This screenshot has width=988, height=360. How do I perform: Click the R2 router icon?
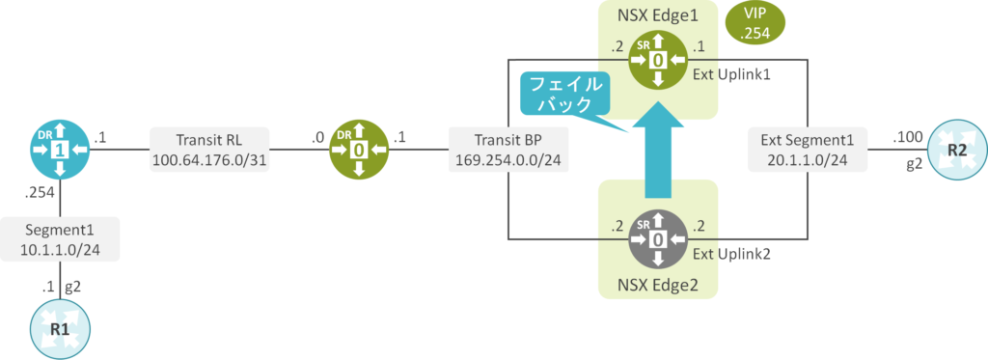pos(954,151)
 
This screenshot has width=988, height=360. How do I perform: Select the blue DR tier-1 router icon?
pos(60,151)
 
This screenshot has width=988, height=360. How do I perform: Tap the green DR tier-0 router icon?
pos(359,151)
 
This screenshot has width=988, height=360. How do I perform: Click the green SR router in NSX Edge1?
pos(658,61)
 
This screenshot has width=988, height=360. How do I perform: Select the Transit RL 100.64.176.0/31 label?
pos(208,151)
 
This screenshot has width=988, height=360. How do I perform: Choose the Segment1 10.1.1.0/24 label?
pos(60,240)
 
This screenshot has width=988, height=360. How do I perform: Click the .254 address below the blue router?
pos(40,193)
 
